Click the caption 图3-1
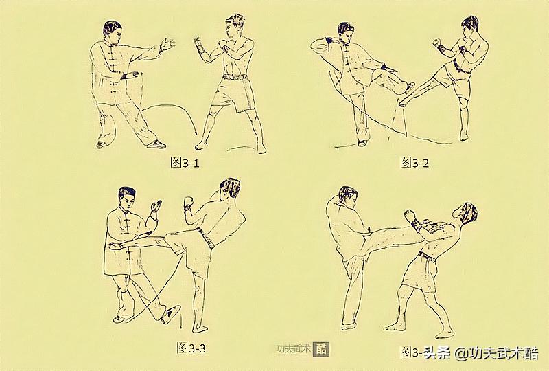pos(184,163)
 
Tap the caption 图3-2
pos(414,163)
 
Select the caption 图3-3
pos(191,348)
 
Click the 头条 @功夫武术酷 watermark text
pos(488,353)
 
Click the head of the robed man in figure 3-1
pos(112,32)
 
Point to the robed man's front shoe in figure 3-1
pos(156,144)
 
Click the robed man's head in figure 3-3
pos(125,199)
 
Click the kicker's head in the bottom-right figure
pos(348,199)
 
